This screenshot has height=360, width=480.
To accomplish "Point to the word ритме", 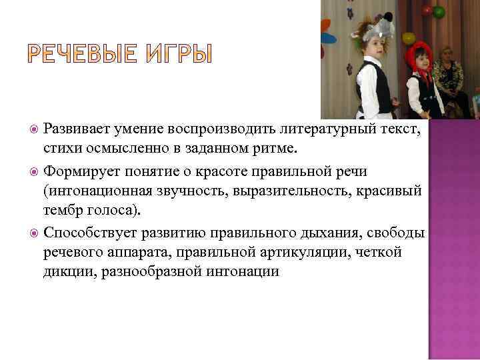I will pyautogui.click(x=287, y=147).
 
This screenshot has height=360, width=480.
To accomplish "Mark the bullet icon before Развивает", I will pyautogui.click(x=34, y=129).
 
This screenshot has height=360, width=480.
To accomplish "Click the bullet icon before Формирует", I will pyautogui.click(x=34, y=171).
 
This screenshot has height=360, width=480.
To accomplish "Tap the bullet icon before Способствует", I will pyautogui.click(x=34, y=233).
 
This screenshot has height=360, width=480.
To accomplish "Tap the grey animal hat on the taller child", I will pyautogui.click(x=375, y=29).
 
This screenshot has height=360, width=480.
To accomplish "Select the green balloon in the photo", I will pyautogui.click(x=438, y=11).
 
